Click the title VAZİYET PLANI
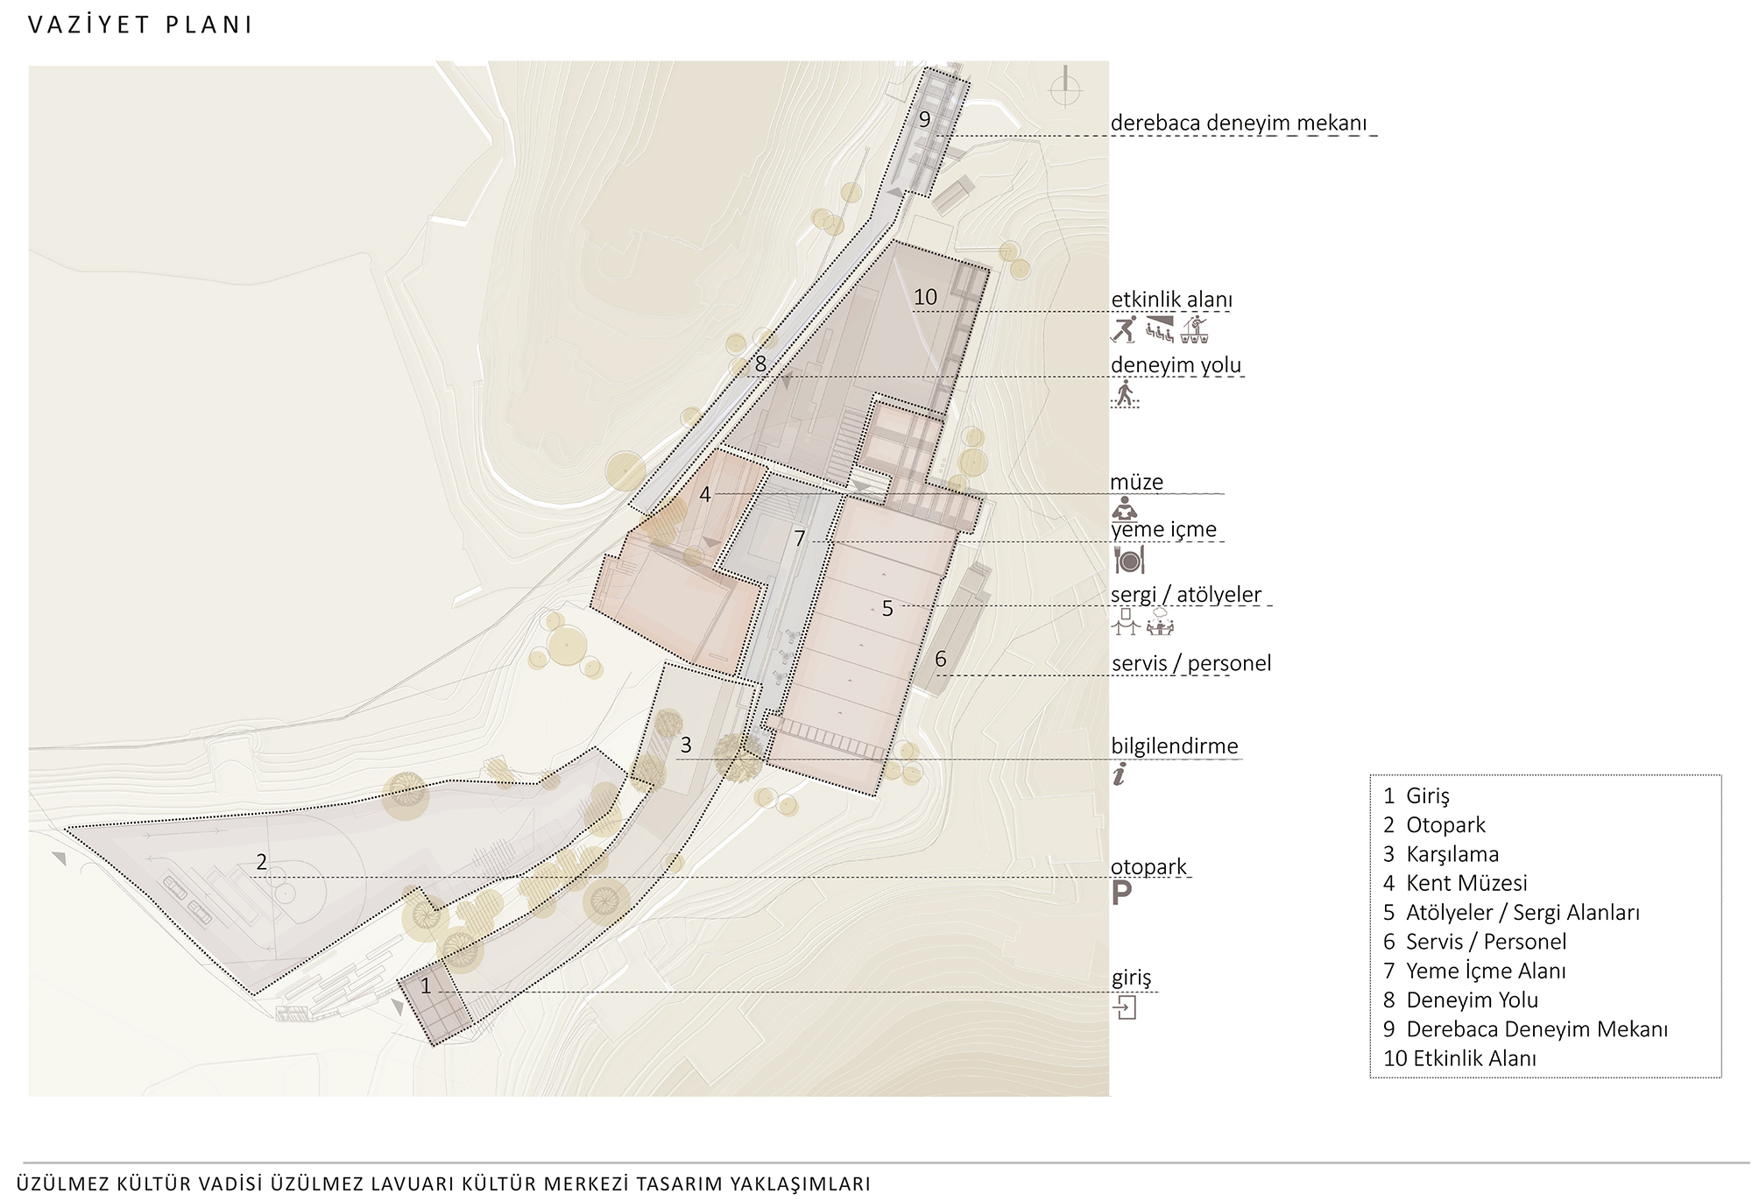tap(140, 25)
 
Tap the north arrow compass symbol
tap(1065, 86)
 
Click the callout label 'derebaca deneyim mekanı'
tap(1238, 123)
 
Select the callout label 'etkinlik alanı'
tap(1171, 300)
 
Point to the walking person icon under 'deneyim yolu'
tap(1125, 393)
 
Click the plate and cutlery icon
tap(1129, 559)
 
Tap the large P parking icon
tap(1121, 893)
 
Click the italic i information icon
tap(1120, 774)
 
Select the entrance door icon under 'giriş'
tap(1125, 1007)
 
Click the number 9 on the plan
tap(924, 119)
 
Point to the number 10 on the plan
tap(925, 297)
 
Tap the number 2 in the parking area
tap(261, 862)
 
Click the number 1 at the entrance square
tap(426, 986)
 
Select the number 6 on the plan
tap(940, 659)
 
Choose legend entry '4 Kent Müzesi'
tap(1455, 883)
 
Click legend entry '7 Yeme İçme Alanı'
tap(1474, 971)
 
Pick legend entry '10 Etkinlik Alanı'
tap(1459, 1058)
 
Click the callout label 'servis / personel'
tap(1191, 663)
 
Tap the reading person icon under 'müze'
tap(1124, 508)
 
